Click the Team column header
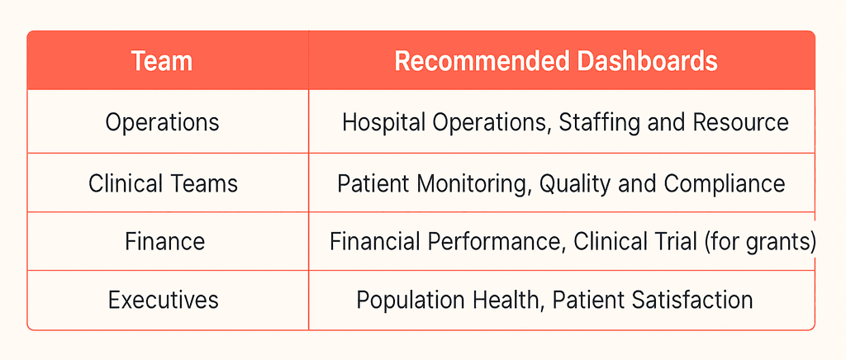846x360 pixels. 163,62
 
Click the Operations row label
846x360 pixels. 163,123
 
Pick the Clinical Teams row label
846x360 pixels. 163,182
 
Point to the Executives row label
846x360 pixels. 163,299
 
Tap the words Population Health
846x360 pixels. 447,299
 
